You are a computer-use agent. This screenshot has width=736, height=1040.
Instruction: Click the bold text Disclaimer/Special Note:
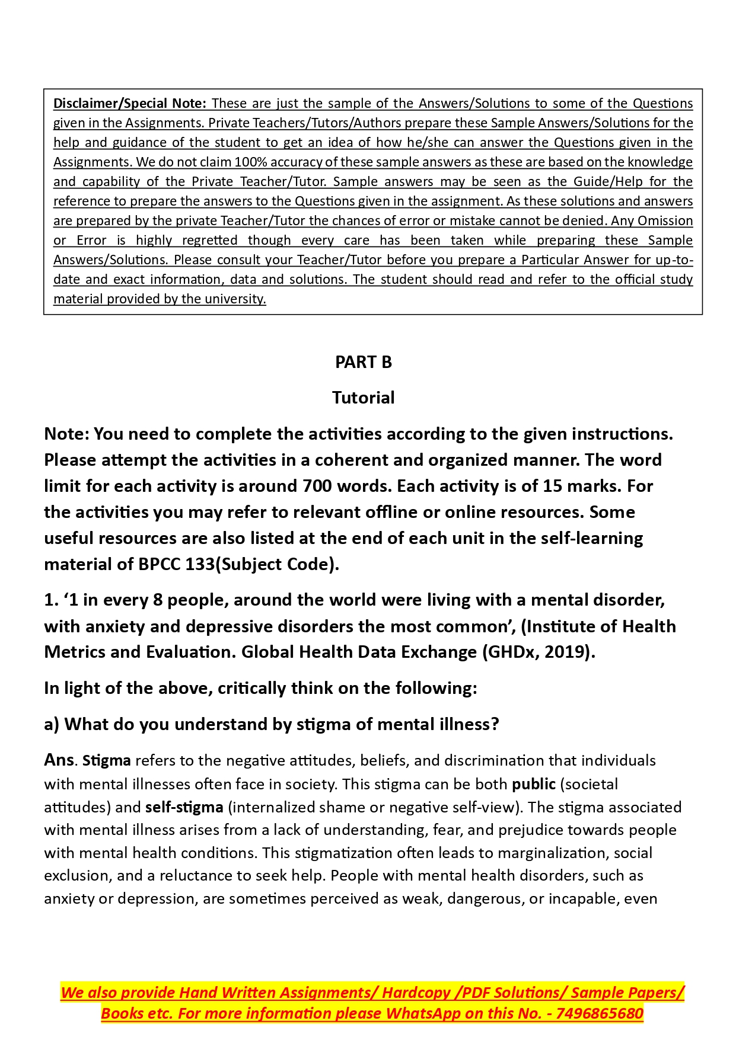(129, 103)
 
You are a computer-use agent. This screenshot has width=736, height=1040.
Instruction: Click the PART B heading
(364, 362)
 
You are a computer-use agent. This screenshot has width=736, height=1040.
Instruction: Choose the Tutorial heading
(363, 398)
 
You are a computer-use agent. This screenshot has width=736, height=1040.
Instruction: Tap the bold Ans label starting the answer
(59, 760)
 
